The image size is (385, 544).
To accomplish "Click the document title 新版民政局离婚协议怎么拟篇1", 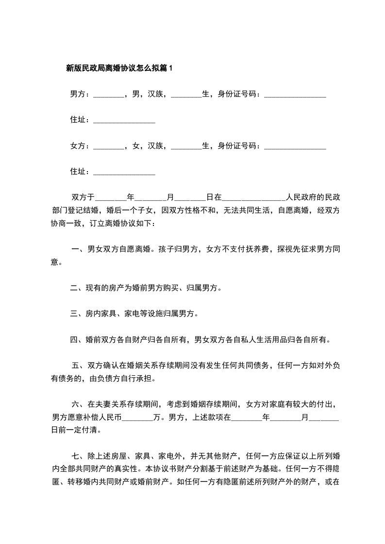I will click(119, 68).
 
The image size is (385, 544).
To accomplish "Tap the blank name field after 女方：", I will click(108, 145).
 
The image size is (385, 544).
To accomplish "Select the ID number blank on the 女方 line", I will click(295, 145).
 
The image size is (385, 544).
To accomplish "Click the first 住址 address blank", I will click(124, 120).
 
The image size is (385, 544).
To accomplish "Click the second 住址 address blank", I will click(124, 172).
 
